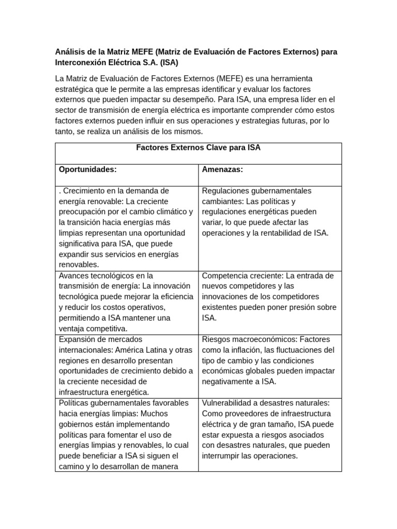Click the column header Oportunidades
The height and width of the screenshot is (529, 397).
[x=87, y=169]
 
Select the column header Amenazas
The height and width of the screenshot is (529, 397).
[x=222, y=169]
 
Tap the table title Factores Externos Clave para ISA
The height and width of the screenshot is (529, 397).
[x=198, y=148]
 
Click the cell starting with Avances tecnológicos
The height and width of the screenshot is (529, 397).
[x=126, y=302]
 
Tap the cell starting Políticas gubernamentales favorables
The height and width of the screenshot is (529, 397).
[x=126, y=434]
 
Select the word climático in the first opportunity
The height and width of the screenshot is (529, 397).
[x=174, y=212]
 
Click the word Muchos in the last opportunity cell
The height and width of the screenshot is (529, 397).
[x=154, y=413]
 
